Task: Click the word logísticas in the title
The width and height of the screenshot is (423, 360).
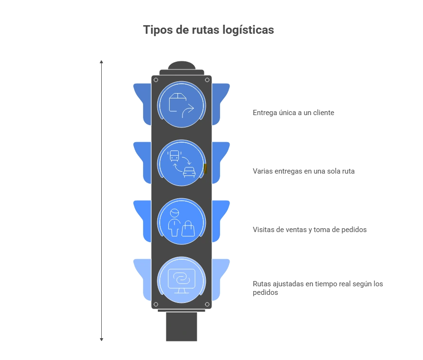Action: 248,30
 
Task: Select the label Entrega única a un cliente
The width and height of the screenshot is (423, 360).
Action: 293,113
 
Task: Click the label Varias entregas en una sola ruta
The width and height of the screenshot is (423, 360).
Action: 304,171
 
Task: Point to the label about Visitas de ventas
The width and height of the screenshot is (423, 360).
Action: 309,230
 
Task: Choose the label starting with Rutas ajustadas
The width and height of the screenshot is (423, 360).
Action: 318,288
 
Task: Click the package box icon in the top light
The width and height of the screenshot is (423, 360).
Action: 177,102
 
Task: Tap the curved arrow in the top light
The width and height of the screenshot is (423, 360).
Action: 188,111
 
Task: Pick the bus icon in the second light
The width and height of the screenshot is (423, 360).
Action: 174,156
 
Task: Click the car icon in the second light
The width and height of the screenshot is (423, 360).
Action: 189,172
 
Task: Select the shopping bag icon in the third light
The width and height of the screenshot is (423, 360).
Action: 188,229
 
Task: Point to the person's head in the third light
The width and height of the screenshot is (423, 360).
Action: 174,213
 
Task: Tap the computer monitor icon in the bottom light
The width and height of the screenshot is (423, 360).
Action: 181,281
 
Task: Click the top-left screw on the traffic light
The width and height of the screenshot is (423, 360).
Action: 156,80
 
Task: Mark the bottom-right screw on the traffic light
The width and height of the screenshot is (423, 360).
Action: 207,304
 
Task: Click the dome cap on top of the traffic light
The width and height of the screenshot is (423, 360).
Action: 182,65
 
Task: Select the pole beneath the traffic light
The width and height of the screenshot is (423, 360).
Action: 181,327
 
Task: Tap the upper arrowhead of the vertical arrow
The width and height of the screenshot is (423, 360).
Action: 101,62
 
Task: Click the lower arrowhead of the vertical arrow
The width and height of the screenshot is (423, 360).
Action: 101,340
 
